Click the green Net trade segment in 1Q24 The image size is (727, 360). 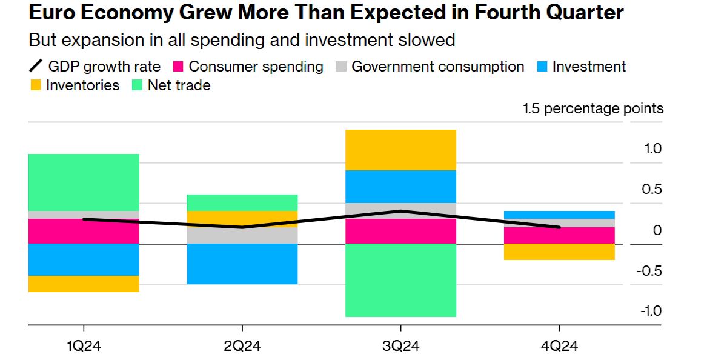(x=84, y=182)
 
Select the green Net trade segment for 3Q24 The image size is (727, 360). (x=400, y=280)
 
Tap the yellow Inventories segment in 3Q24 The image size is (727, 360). (x=400, y=150)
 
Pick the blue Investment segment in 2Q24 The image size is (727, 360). (x=242, y=264)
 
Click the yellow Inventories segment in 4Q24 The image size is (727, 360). (x=559, y=252)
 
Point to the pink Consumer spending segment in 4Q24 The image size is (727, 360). (x=559, y=235)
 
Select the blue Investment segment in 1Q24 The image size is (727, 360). (x=84, y=259)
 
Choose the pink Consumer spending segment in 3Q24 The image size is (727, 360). (x=400, y=231)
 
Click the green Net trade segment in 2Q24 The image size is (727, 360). (x=242, y=202)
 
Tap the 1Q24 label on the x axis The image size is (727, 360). (x=84, y=347)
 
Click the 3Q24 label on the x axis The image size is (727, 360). (x=400, y=347)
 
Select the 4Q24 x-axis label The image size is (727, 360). (x=559, y=347)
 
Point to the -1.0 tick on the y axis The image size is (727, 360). (x=650, y=311)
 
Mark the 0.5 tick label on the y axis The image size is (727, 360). (x=652, y=189)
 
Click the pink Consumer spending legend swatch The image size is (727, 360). (x=179, y=67)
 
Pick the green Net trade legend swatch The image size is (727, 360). (x=138, y=85)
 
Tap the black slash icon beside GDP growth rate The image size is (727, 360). (x=36, y=67)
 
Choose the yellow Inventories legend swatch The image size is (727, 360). (x=36, y=85)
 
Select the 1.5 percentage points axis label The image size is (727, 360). (x=593, y=108)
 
